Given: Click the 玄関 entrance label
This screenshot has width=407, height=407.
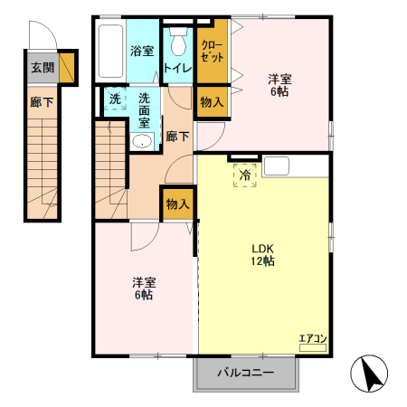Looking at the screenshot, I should click(x=43, y=67).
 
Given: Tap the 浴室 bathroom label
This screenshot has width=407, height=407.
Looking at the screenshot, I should click(x=141, y=51).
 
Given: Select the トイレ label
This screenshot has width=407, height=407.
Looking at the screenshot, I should click(x=178, y=68).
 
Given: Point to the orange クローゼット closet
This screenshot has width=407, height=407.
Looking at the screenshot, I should click(x=212, y=51).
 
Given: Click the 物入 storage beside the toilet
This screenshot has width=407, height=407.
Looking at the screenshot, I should click(x=212, y=102).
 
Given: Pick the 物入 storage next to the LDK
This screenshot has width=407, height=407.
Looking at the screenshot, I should click(x=177, y=204).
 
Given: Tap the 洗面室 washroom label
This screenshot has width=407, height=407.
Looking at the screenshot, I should click(x=145, y=109).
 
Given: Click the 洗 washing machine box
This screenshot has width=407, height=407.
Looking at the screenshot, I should click(x=115, y=99).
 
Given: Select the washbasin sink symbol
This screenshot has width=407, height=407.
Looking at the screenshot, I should click(x=143, y=141).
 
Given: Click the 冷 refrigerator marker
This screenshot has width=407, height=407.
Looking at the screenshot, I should click(x=245, y=175).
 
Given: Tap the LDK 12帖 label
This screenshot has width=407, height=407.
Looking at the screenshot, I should click(x=263, y=254).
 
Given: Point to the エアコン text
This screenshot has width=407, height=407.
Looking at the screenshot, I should click(x=313, y=339).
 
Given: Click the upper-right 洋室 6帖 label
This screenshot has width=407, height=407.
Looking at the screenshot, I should click(x=278, y=83).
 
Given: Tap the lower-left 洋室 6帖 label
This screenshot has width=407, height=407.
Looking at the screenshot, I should click(x=143, y=289).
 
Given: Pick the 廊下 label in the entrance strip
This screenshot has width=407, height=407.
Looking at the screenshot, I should click(x=43, y=102).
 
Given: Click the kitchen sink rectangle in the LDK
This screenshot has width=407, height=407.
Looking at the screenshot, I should click(x=277, y=166).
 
